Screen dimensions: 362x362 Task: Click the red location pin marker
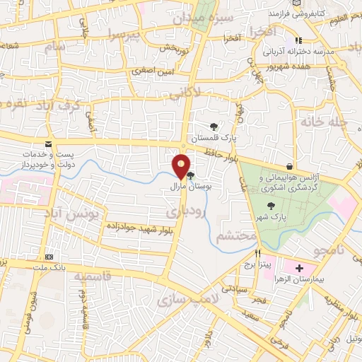click(181, 165)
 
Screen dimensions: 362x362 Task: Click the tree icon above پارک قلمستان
click(214, 125)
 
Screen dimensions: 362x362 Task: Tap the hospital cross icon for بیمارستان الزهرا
click(299, 269)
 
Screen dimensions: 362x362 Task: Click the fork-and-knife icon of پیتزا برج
click(258, 252)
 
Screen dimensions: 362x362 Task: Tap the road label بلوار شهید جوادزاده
click(142, 226)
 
